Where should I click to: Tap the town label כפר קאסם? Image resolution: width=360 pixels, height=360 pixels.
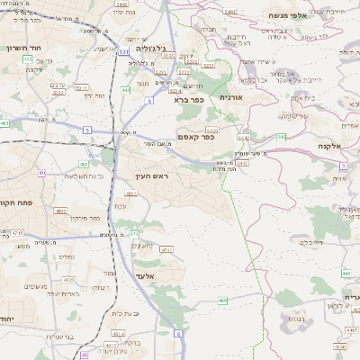(x=196, y=139)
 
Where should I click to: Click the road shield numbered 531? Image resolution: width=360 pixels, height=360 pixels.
(x=123, y=52)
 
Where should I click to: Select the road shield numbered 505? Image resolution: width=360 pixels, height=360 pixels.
(x=281, y=137)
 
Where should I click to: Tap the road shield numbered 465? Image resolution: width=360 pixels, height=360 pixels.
(x=223, y=300)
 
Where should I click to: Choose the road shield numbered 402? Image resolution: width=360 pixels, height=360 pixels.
(x=28, y=58)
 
